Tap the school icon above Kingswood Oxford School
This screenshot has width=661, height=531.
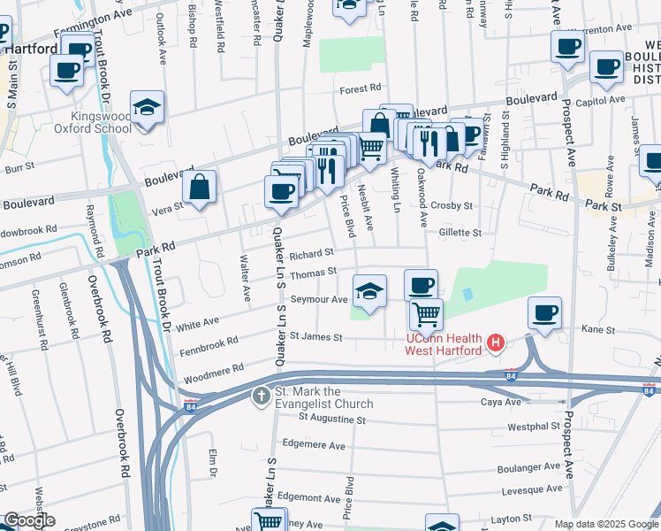[147, 107]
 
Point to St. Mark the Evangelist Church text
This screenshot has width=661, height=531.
[323, 398]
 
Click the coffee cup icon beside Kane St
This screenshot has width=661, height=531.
[545, 312]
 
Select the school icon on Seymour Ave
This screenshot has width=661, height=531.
[369, 289]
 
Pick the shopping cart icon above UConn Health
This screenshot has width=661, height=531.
[427, 312]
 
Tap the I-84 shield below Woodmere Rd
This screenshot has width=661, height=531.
[191, 406]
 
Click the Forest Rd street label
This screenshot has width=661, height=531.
[362, 88]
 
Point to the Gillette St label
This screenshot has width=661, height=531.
[460, 233]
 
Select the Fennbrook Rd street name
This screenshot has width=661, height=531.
[209, 341]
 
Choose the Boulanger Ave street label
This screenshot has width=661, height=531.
[528, 466]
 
